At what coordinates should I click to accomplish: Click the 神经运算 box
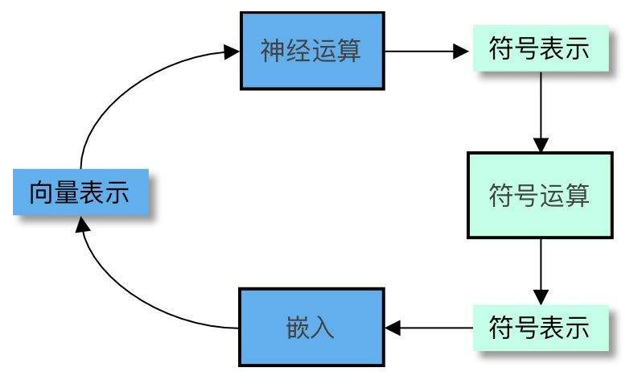point(312,51)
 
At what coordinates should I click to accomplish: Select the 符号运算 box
point(540,195)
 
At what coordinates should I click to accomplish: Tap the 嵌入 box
point(311,327)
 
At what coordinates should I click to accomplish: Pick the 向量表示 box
point(80,192)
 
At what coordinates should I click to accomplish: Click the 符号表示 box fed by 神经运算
point(541,48)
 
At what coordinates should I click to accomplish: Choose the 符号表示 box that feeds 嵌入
point(541,328)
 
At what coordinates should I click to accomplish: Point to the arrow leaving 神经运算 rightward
point(426,52)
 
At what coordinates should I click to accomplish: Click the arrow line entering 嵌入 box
point(429,328)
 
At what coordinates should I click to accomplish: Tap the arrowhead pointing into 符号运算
point(541,145)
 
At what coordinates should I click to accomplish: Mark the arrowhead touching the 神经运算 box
point(232,52)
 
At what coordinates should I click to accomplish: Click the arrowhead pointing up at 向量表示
point(83,224)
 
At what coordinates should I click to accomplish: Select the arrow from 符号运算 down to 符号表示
point(541,272)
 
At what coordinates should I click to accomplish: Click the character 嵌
point(298,328)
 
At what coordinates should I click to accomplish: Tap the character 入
point(323,328)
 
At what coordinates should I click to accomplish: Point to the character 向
point(42,192)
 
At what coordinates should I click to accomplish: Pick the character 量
point(67,192)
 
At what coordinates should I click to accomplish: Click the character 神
point(273,51)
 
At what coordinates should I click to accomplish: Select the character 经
point(298,51)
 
